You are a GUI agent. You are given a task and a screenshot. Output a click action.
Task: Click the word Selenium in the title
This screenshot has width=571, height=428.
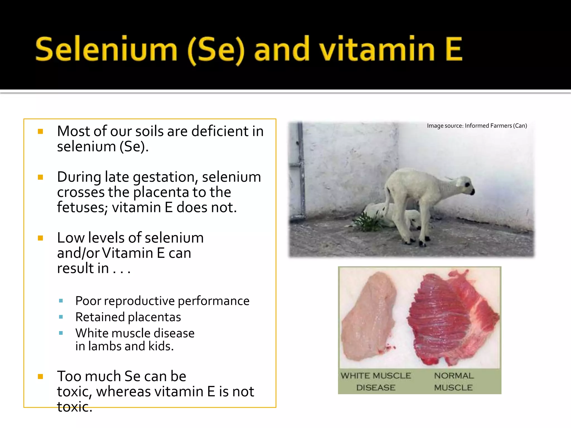[x=106, y=49]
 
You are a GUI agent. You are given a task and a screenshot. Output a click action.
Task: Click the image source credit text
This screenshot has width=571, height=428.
[x=477, y=126]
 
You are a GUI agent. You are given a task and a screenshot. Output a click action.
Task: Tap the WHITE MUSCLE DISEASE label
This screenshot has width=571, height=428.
[x=376, y=381]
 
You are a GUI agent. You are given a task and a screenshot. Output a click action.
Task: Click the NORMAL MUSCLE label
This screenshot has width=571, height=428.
[x=453, y=381]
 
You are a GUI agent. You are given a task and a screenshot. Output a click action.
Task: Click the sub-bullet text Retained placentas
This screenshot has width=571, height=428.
[x=128, y=317]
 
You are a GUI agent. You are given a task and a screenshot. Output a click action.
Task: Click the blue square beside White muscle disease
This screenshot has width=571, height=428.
[x=61, y=333]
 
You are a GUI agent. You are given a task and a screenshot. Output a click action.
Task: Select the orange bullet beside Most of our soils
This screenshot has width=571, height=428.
[x=40, y=131]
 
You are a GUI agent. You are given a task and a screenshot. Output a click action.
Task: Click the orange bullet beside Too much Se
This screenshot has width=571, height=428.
[x=40, y=377]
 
